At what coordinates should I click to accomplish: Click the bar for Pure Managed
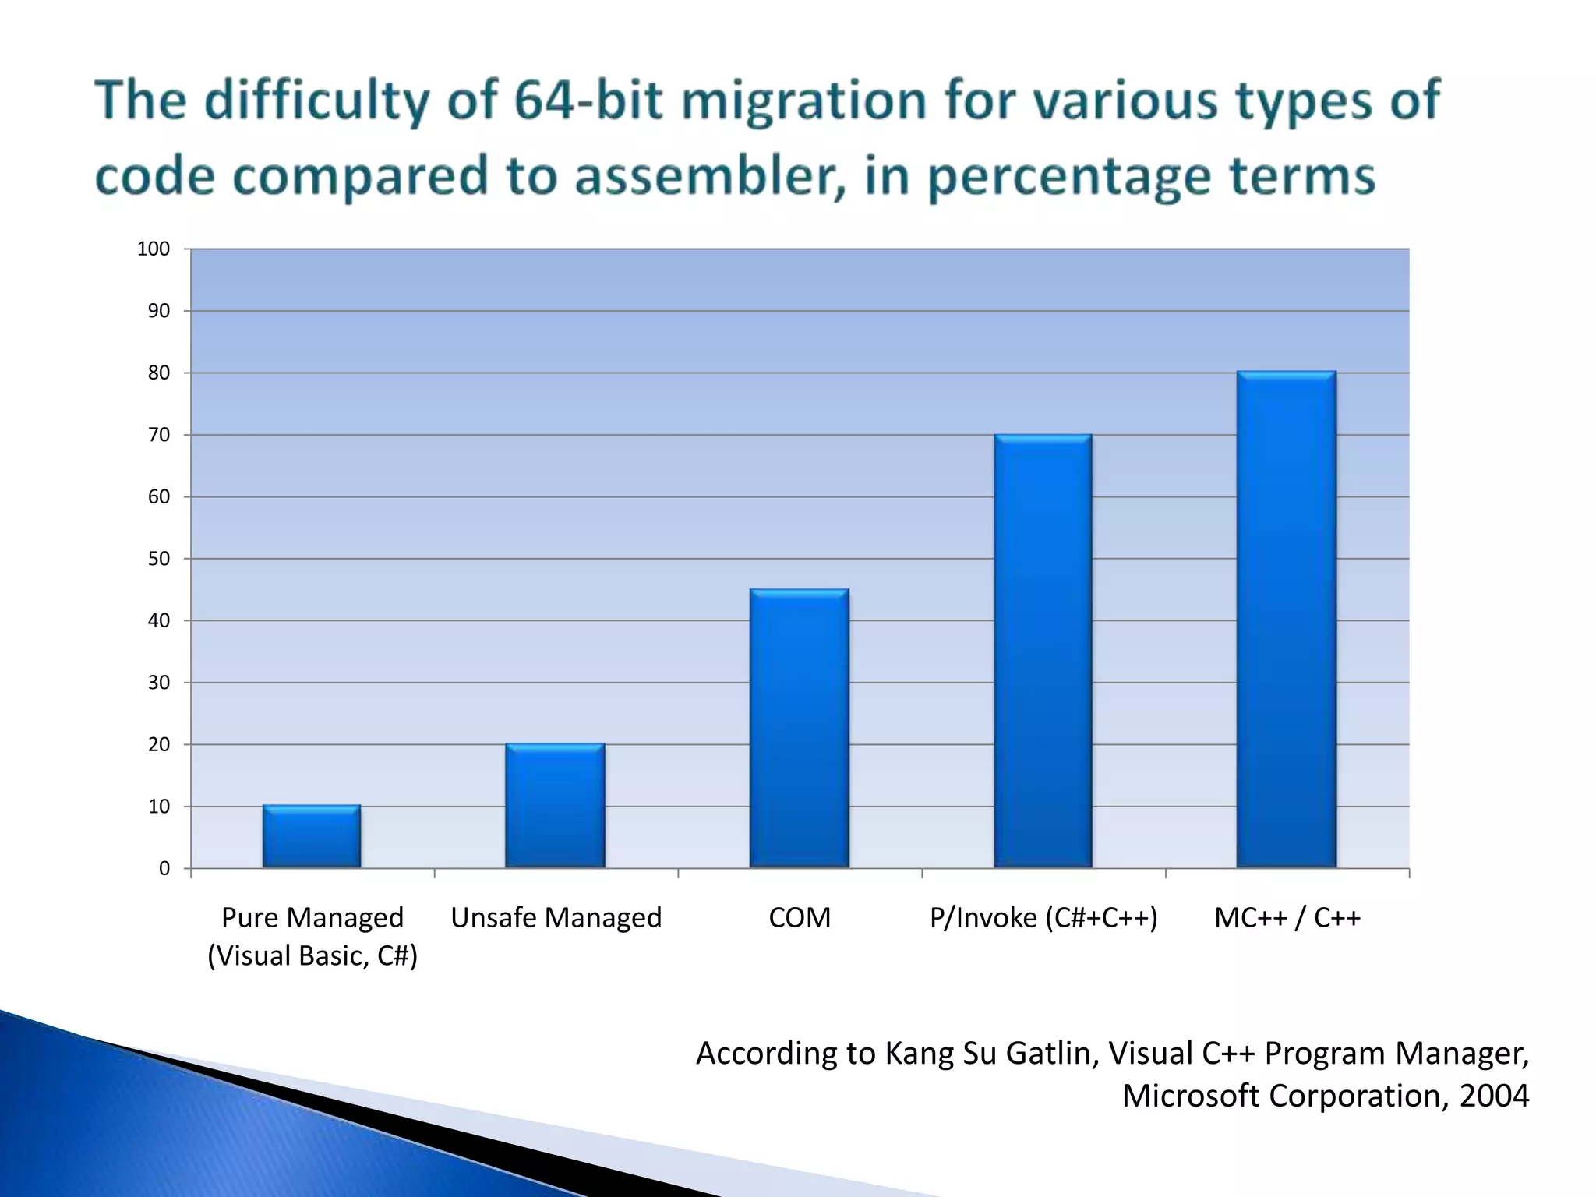[312, 837]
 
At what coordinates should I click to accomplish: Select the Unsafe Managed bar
[555, 806]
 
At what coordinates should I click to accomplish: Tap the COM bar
[800, 729]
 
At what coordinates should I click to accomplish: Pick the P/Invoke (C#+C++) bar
[1043, 651]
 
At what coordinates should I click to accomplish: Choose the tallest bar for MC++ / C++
[1287, 620]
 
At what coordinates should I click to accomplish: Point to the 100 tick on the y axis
[154, 249]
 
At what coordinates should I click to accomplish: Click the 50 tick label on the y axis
[158, 559]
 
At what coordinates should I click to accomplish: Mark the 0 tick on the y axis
[164, 868]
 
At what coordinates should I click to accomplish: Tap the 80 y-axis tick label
[158, 373]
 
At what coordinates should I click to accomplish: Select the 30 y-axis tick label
[158, 683]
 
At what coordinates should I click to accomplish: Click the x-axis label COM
[800, 918]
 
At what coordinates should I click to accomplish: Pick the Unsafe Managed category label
[556, 918]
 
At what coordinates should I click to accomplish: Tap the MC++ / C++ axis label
[1287, 918]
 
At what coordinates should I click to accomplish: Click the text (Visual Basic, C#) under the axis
[312, 956]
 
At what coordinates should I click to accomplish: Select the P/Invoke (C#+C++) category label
[1043, 918]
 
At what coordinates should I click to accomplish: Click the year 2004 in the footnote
[1493, 1096]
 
